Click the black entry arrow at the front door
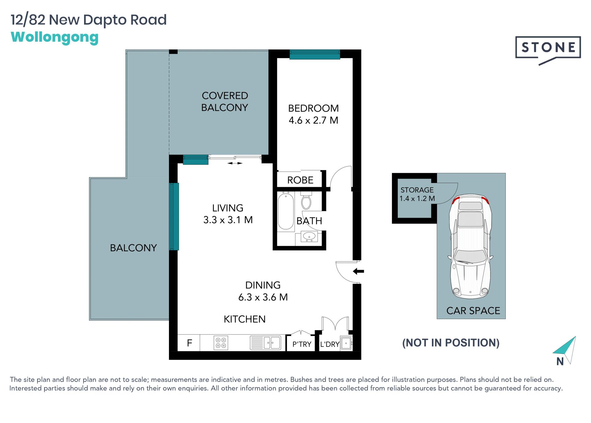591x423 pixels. (x=358, y=271)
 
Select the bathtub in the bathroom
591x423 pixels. (x=286, y=211)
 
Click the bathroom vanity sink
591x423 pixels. (x=309, y=237)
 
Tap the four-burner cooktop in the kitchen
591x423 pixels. (x=221, y=343)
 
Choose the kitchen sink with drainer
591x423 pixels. (x=265, y=343)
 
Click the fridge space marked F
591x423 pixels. (x=189, y=343)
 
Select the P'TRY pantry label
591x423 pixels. (x=302, y=344)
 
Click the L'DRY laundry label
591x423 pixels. (x=330, y=344)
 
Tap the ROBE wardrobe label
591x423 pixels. (x=300, y=180)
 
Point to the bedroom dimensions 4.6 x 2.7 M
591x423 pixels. (x=313, y=120)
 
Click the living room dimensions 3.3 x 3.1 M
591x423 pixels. (x=228, y=220)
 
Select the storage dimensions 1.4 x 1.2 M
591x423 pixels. (x=417, y=199)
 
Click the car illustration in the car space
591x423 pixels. (x=471, y=246)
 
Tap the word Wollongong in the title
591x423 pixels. (x=55, y=38)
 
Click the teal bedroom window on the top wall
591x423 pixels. (x=315, y=54)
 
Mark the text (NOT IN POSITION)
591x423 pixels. (x=451, y=343)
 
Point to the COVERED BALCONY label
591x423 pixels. (x=225, y=101)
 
